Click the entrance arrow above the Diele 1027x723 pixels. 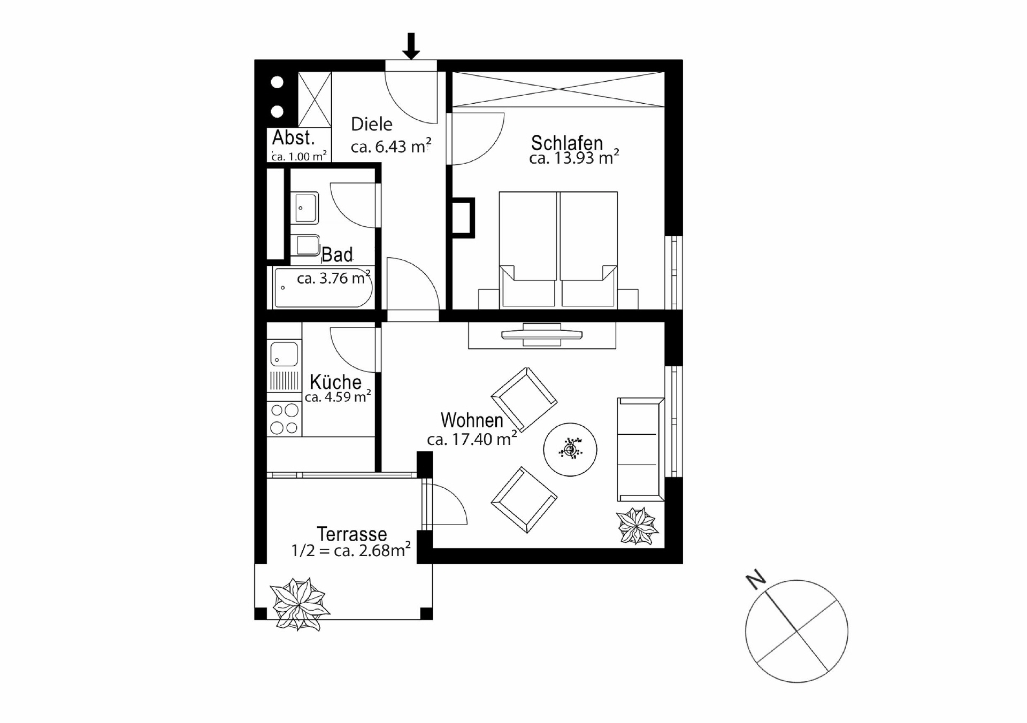pos(411,46)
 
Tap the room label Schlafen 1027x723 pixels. pos(566,143)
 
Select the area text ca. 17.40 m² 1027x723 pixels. pos(471,440)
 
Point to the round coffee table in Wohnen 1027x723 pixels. pos(570,449)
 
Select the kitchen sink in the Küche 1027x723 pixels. pos(284,354)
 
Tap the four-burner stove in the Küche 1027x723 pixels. pos(284,419)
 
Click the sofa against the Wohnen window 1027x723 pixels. pos(640,449)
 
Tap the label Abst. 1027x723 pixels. pos(293,138)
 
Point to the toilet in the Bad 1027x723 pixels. pos(306,246)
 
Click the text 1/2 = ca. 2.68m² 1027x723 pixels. pos(351,550)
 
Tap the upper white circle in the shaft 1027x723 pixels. pos(277,82)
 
